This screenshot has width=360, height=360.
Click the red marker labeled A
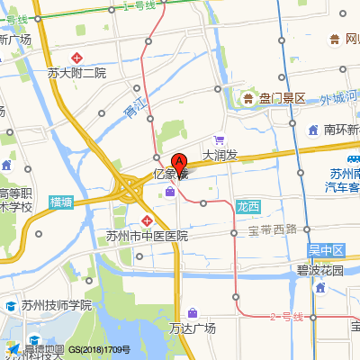pos(179,164)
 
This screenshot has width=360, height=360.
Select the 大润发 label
pos(220,156)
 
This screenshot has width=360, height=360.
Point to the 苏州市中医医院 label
pos(147,237)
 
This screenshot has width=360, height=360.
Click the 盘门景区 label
pos(283,98)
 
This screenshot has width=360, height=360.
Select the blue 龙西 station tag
pos(247,206)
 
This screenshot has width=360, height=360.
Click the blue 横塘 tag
pos(62,202)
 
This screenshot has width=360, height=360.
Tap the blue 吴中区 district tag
pos(326,248)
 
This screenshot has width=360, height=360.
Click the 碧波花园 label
pos(319,269)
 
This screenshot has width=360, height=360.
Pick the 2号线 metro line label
pos(288,318)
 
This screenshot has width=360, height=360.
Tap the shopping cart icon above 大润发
pos(219,139)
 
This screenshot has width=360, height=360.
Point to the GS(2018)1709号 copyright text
pos(100,349)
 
